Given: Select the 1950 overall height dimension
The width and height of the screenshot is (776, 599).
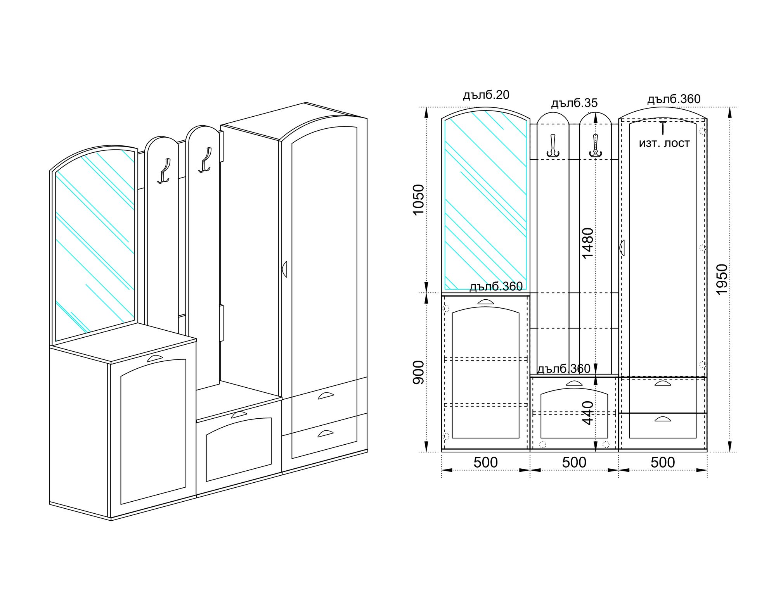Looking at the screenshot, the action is coord(722,279).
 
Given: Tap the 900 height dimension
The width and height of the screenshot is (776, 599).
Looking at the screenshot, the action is coord(419,373).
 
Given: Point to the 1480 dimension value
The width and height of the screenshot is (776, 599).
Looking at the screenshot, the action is coord(588,243).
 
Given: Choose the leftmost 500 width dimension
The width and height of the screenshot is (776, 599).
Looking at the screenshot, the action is coord(486,463).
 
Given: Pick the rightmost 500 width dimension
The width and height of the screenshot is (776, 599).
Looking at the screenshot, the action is coord(663,463).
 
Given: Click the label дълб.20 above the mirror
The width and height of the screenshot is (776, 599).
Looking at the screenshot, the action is coord(486,95).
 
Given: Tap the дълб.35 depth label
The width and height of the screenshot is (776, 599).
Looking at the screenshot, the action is coord(575,103).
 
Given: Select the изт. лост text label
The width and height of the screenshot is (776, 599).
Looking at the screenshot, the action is coord(664,143).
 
